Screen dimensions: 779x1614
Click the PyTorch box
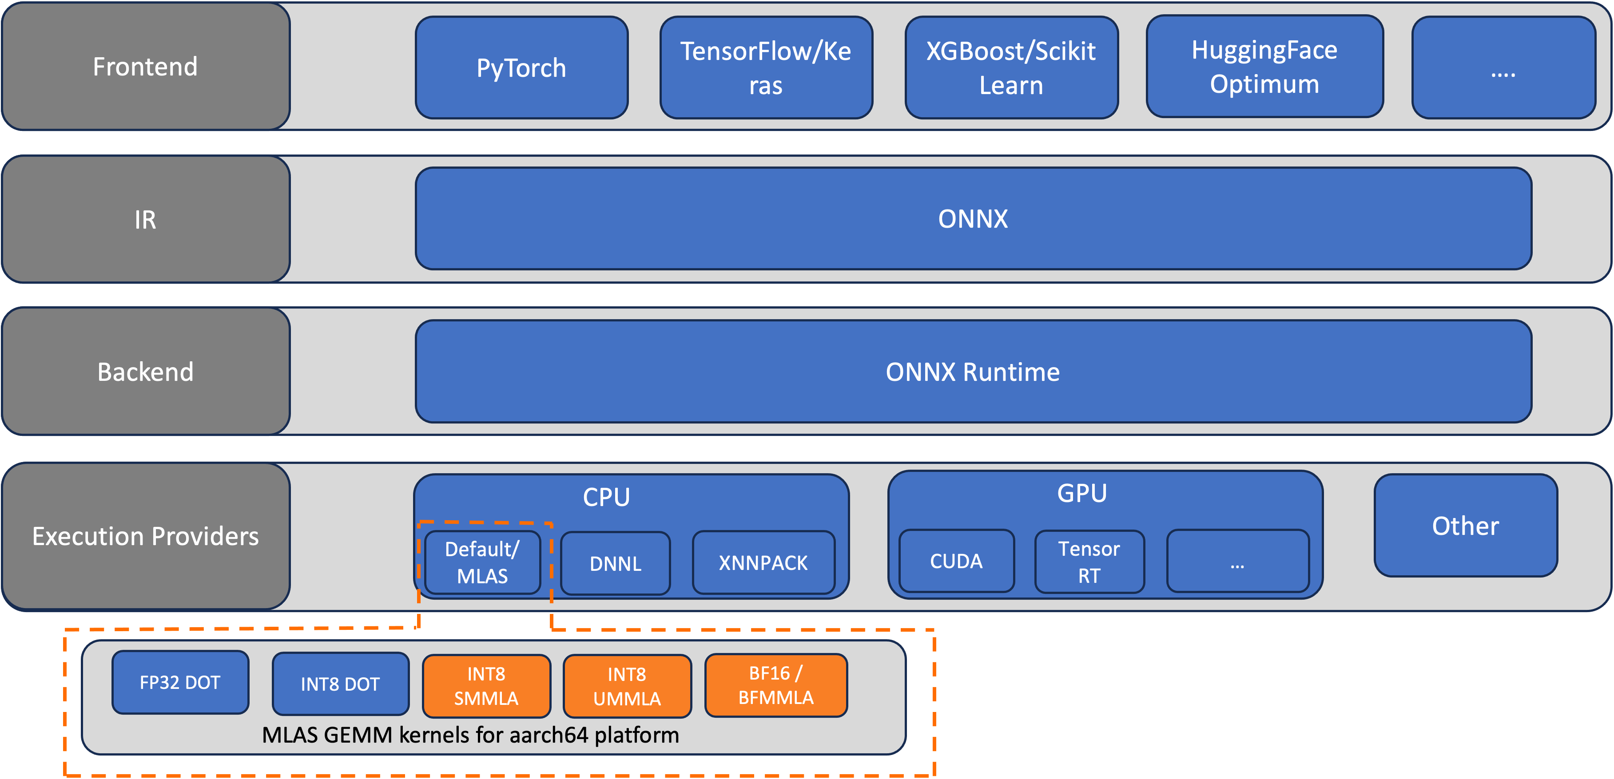(x=521, y=67)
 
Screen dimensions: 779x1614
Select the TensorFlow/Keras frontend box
(x=766, y=67)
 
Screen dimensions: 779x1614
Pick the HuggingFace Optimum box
(x=1264, y=67)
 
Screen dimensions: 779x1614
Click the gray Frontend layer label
(x=145, y=67)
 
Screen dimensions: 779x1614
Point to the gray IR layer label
(x=145, y=219)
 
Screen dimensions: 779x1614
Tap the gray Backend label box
(x=145, y=372)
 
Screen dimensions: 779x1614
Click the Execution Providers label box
(x=145, y=536)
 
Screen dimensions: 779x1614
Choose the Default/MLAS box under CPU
(x=482, y=562)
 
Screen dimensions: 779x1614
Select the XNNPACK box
(x=763, y=563)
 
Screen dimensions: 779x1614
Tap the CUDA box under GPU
(x=956, y=561)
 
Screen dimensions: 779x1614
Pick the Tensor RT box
(x=1089, y=562)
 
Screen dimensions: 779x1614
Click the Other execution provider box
(x=1466, y=526)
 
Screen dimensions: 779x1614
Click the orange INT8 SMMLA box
(x=486, y=686)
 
